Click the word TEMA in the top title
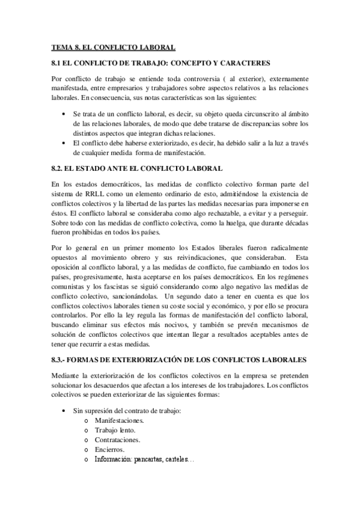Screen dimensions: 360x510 click(x=61, y=47)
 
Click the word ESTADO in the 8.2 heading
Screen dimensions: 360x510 click(x=97, y=169)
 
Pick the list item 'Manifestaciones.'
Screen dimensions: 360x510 click(x=119, y=420)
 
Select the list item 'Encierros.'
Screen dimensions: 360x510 click(x=109, y=449)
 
